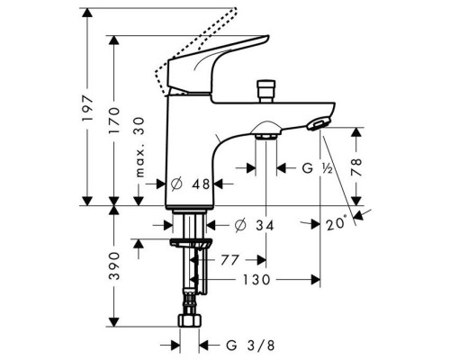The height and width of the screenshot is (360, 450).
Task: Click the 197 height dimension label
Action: (x=87, y=109)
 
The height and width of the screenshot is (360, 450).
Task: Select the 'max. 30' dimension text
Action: (x=139, y=148)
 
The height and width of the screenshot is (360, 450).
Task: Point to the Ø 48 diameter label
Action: (x=190, y=184)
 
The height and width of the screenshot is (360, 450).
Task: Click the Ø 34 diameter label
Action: (x=255, y=226)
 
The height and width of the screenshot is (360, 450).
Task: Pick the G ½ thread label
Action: (x=318, y=168)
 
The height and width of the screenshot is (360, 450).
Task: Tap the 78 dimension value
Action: (x=356, y=166)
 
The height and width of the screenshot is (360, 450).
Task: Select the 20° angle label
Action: (x=337, y=223)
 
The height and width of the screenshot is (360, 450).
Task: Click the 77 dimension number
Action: (x=230, y=260)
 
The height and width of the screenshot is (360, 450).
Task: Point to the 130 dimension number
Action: (x=256, y=280)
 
